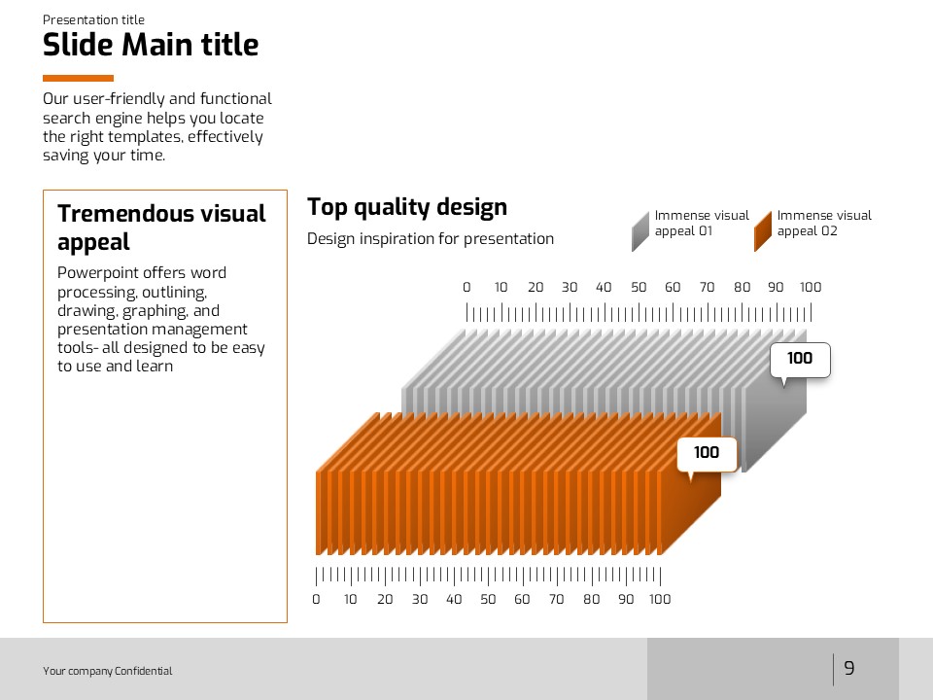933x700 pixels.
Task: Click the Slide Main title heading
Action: (151, 46)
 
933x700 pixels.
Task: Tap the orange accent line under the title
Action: (78, 78)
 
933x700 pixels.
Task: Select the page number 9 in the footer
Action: (849, 668)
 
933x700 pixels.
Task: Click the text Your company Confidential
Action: (107, 671)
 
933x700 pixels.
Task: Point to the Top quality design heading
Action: (407, 207)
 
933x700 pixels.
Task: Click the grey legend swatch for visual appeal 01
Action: (639, 231)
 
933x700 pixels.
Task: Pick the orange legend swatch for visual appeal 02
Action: (762, 231)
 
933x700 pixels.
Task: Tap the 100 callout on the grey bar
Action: (800, 359)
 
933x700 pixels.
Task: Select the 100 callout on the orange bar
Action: (707, 452)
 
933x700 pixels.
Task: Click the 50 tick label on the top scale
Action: (639, 287)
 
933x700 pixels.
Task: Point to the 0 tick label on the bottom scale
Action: (316, 599)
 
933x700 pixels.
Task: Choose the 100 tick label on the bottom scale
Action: (660, 599)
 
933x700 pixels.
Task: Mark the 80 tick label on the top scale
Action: (743, 287)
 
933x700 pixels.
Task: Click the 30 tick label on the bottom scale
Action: (420, 599)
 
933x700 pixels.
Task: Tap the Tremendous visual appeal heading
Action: (161, 227)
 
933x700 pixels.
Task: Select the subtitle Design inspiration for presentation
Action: (431, 239)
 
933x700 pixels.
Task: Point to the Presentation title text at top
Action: (93, 20)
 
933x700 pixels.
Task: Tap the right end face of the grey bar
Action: (776, 428)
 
